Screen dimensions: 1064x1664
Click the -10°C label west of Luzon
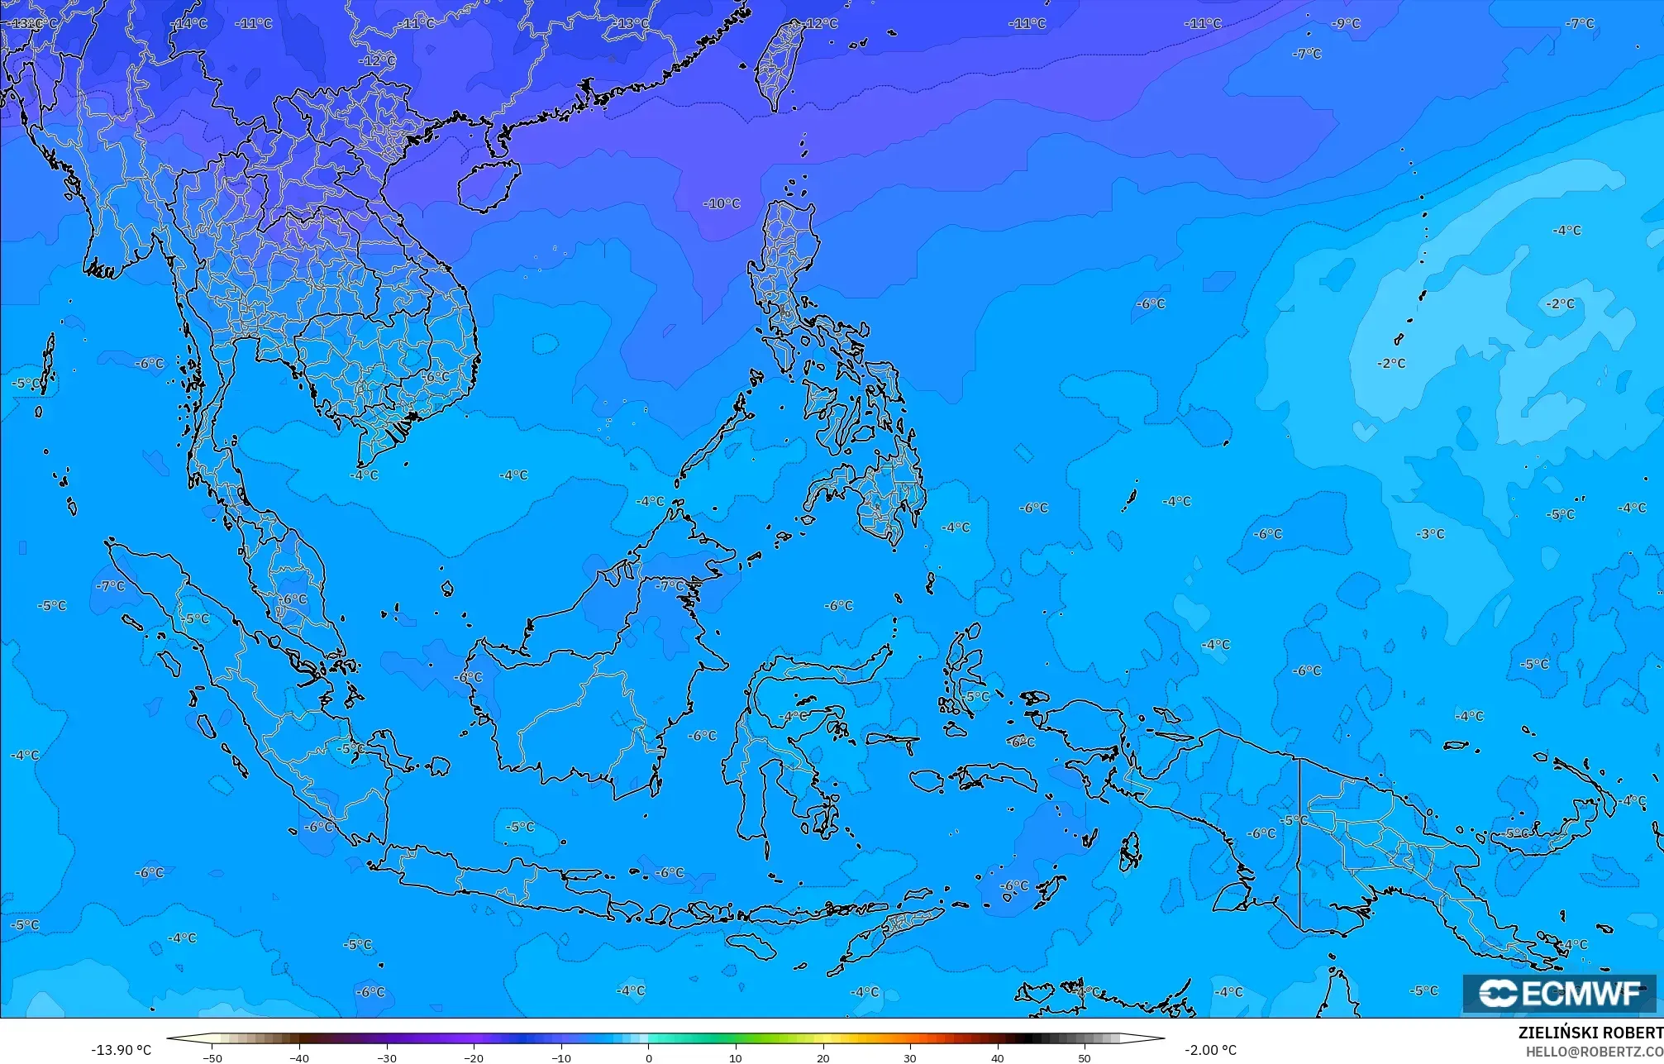coord(722,203)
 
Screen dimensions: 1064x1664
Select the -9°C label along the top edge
coord(1346,23)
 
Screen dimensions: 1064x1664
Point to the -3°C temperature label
coord(1431,534)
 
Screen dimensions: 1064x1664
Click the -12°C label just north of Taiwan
coord(820,23)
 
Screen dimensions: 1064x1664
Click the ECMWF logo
coord(1559,993)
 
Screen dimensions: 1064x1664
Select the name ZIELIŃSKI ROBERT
coord(1590,1033)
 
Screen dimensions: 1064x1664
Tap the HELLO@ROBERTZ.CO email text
coord(1594,1052)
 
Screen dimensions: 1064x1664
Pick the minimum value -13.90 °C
coord(121,1051)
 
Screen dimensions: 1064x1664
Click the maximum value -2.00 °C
coord(1210,1051)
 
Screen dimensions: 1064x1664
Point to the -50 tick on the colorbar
coord(212,1058)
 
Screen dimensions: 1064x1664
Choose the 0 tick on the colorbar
coord(648,1058)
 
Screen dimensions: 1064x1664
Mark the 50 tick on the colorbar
coord(1085,1058)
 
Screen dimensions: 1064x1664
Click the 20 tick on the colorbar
coord(822,1058)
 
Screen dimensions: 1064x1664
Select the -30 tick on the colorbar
coord(387,1058)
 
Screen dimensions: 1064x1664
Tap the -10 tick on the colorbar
coord(561,1058)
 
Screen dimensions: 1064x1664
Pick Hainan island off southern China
coord(488,185)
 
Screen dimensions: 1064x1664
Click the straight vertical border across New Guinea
coord(1300,843)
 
